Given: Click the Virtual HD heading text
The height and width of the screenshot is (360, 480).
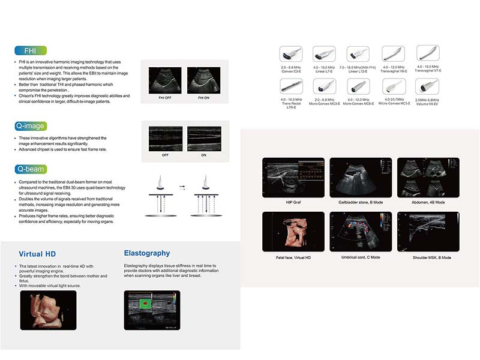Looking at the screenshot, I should pos(37,254).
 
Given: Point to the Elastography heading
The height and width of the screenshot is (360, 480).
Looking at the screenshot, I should pos(146,253).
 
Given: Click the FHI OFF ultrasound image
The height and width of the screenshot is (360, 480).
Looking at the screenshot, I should pos(164,79).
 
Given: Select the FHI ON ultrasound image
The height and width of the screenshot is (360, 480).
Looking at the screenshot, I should pos(204,79).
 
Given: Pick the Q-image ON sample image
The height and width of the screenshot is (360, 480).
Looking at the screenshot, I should pos(204,139).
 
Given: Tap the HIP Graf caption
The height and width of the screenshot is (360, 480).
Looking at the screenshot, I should pos(293,202).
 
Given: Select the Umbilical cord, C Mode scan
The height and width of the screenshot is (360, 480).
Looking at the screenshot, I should pos(361,232).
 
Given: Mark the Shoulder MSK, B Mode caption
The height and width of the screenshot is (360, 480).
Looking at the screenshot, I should pos(428,257).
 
